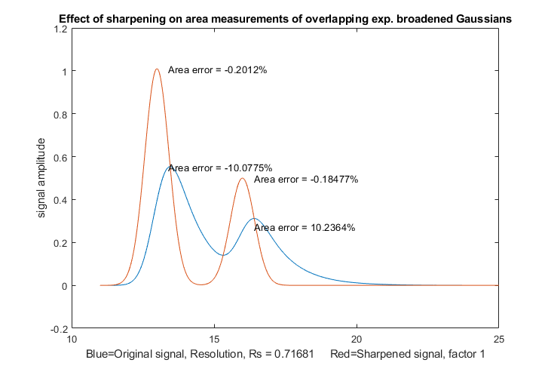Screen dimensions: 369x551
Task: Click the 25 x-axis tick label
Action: pyautogui.click(x=497, y=339)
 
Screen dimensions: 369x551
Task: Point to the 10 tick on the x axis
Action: pyautogui.click(x=72, y=339)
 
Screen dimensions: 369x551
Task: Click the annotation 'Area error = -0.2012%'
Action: pyautogui.click(x=218, y=70)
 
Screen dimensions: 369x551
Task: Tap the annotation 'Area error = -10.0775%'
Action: pyautogui.click(x=220, y=168)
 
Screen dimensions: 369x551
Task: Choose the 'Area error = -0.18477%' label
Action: pyautogui.click(x=305, y=180)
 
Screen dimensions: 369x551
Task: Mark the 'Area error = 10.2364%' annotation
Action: pyautogui.click(x=304, y=227)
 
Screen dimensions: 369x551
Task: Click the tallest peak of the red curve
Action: pyautogui.click(x=157, y=69)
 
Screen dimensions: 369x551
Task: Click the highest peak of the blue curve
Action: pyautogui.click(x=170, y=167)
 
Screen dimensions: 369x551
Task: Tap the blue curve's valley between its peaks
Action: pyautogui.click(x=223, y=255)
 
